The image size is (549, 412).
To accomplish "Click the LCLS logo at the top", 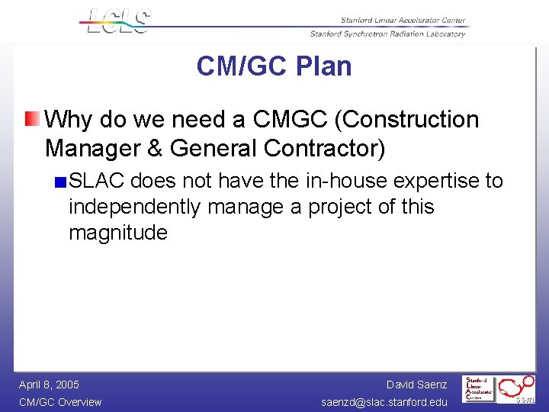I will click(116, 21).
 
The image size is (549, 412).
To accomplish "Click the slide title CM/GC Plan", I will click(274, 66).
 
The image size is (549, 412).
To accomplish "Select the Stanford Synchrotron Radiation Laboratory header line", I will click(387, 34).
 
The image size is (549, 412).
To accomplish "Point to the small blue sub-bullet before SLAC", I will click(60, 182).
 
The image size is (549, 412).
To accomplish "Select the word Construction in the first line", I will click(411, 120).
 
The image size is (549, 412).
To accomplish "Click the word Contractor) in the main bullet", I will click(321, 148).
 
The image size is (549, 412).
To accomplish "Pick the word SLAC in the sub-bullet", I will click(96, 181).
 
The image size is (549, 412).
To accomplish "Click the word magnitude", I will click(117, 233).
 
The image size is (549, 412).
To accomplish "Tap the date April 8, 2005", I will click(49, 385).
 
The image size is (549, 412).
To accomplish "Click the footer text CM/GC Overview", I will click(59, 402).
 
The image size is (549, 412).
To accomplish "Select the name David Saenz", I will click(416, 385).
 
